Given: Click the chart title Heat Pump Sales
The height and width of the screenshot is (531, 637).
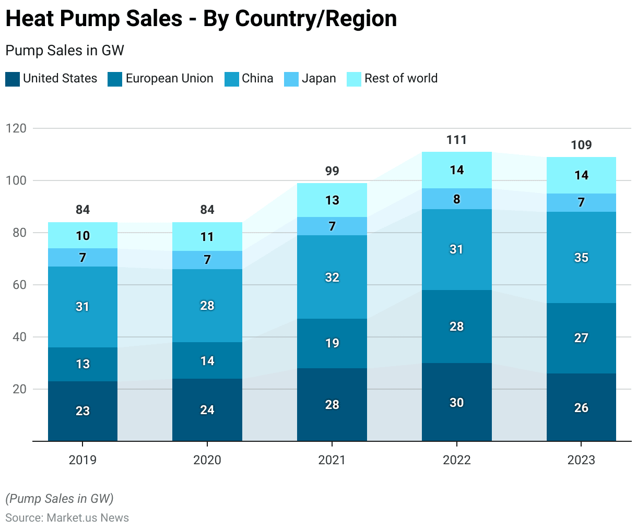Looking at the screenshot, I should (x=201, y=19).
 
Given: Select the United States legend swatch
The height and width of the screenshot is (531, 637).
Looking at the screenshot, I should (x=13, y=79).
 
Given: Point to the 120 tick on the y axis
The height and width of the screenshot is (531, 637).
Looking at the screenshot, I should (x=16, y=128).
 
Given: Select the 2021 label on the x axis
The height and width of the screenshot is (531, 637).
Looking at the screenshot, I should (x=332, y=460).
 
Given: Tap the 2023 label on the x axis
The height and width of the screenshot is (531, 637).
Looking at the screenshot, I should (x=581, y=460).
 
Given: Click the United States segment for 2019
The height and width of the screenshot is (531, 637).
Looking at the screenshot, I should (x=82, y=411).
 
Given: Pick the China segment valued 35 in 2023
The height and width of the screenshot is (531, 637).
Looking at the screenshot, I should (x=581, y=258).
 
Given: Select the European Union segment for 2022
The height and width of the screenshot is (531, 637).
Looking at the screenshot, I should (x=457, y=327).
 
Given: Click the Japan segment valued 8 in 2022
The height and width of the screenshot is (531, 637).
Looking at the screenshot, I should (x=457, y=199).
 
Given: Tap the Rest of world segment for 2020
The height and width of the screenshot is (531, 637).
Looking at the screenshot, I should (x=207, y=237).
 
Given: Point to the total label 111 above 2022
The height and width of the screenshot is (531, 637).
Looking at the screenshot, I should (x=457, y=140).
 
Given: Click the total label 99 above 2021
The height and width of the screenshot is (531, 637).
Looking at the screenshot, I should (x=332, y=171).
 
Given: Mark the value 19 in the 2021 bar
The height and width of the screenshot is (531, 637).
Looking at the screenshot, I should (x=332, y=343).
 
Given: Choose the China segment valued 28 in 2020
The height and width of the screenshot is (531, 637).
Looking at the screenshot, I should (x=207, y=306).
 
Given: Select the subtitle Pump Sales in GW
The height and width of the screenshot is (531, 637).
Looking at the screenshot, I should (x=65, y=51).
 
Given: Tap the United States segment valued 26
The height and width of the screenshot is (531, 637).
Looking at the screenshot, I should (x=581, y=408).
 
